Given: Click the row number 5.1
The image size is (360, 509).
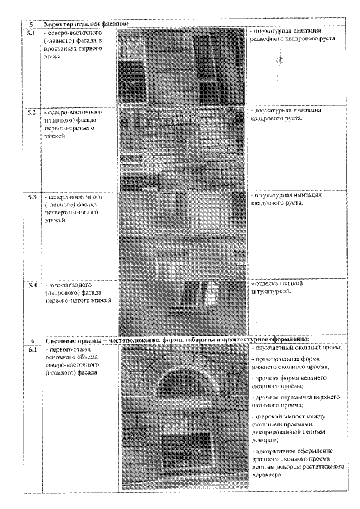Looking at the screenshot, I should [33, 34].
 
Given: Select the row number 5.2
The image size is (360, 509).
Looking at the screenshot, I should [33, 112].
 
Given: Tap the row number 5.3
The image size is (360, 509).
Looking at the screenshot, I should [33, 198].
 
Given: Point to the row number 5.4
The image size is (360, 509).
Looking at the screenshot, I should [33, 286].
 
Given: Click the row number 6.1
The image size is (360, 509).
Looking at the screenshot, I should [33, 350].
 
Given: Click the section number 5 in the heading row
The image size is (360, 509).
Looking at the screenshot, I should [33, 24].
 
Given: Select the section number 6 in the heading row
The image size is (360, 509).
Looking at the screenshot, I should [33, 341].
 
